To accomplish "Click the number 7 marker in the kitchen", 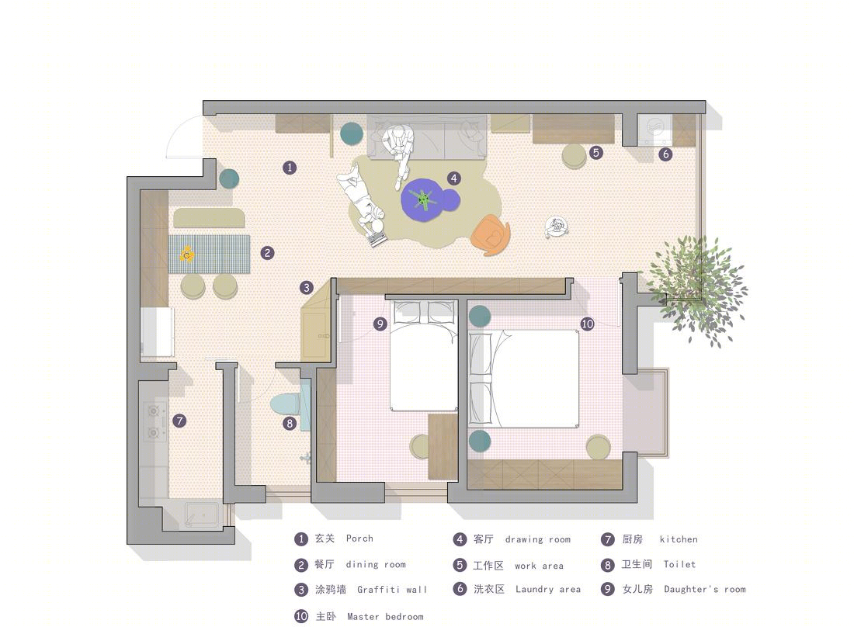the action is [x=179, y=420].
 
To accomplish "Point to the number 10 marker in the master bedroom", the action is [x=587, y=324].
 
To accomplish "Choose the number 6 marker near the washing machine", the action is [x=665, y=154].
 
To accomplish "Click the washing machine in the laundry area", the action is [x=654, y=129].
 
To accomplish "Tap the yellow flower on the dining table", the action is [x=187, y=254].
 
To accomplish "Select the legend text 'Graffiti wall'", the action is [x=392, y=590].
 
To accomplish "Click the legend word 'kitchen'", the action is [x=678, y=539].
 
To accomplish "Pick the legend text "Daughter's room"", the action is [x=705, y=589].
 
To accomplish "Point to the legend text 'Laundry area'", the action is [x=548, y=589].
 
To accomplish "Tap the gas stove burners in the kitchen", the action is [x=154, y=422].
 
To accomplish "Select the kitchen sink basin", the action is [x=201, y=514].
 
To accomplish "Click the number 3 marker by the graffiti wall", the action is [x=306, y=287].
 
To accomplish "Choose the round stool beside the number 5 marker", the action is [x=574, y=156].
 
